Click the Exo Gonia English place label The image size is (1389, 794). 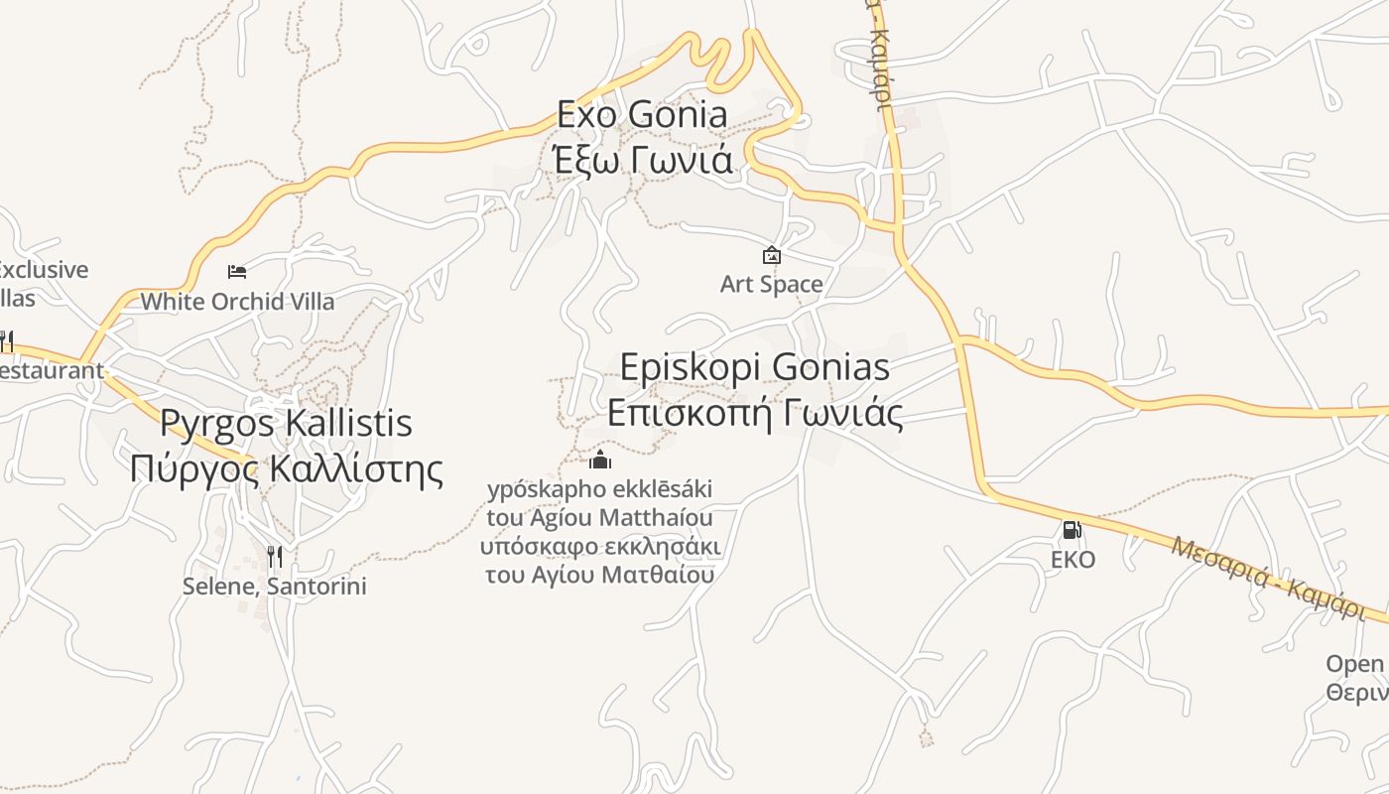pyautogui.click(x=642, y=114)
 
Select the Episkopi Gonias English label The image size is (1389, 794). pyautogui.click(x=754, y=367)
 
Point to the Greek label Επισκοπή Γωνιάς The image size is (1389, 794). pyautogui.click(x=754, y=413)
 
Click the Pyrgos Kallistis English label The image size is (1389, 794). pyautogui.click(x=286, y=424)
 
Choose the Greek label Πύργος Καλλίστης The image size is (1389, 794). pyautogui.click(x=286, y=467)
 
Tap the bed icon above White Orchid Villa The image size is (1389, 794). pyautogui.click(x=237, y=271)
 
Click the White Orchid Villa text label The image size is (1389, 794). pyautogui.click(x=237, y=301)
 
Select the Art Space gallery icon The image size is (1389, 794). pyautogui.click(x=772, y=256)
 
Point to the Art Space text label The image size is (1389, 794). pyautogui.click(x=772, y=285)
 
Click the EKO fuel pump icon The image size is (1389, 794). pyautogui.click(x=1072, y=530)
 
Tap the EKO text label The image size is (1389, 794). pyautogui.click(x=1073, y=560)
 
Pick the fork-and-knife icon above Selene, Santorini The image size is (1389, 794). pyautogui.click(x=275, y=557)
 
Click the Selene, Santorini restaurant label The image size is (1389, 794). pyautogui.click(x=275, y=587)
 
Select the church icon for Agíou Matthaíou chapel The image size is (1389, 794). pyautogui.click(x=600, y=460)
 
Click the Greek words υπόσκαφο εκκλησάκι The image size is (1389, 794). pyautogui.click(x=600, y=547)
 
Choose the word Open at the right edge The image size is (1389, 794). pyautogui.click(x=1354, y=663)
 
